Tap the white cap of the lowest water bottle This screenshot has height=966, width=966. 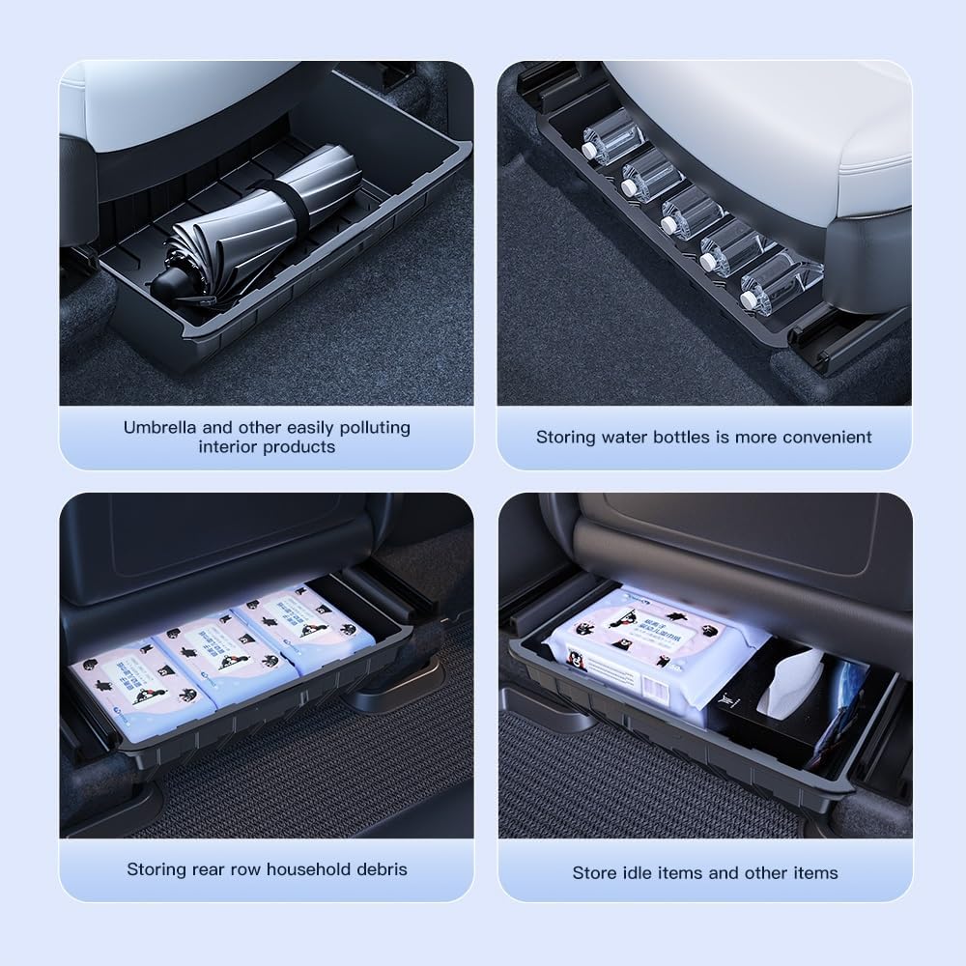click(x=748, y=300)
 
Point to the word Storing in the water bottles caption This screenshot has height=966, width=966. click(x=566, y=437)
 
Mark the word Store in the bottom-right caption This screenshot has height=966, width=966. click(x=594, y=872)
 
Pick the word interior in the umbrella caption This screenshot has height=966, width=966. click(x=229, y=446)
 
